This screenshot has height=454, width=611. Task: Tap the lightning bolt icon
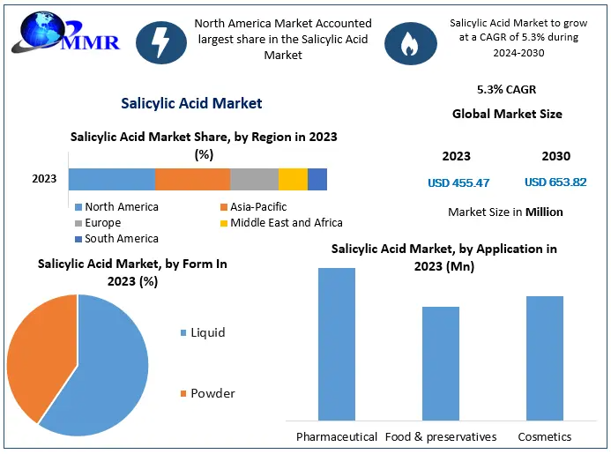click(x=161, y=41)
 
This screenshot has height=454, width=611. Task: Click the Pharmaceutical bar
click(x=337, y=344)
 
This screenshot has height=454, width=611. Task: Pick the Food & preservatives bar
click(x=440, y=363)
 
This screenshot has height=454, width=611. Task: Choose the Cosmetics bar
click(x=545, y=358)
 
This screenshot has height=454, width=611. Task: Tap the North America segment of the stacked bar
click(x=111, y=179)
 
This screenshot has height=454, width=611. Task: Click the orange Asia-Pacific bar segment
click(x=192, y=179)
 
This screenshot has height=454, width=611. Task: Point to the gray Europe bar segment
click(x=254, y=179)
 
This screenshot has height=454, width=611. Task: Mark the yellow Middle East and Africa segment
click(x=293, y=179)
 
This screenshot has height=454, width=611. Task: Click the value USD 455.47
click(x=458, y=183)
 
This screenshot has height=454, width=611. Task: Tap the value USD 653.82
click(x=555, y=182)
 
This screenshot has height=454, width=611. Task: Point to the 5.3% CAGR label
click(x=506, y=90)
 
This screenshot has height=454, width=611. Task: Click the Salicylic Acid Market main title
click(x=191, y=103)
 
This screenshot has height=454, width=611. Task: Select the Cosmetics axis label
click(x=544, y=437)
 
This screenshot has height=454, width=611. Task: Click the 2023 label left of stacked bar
click(x=44, y=179)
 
